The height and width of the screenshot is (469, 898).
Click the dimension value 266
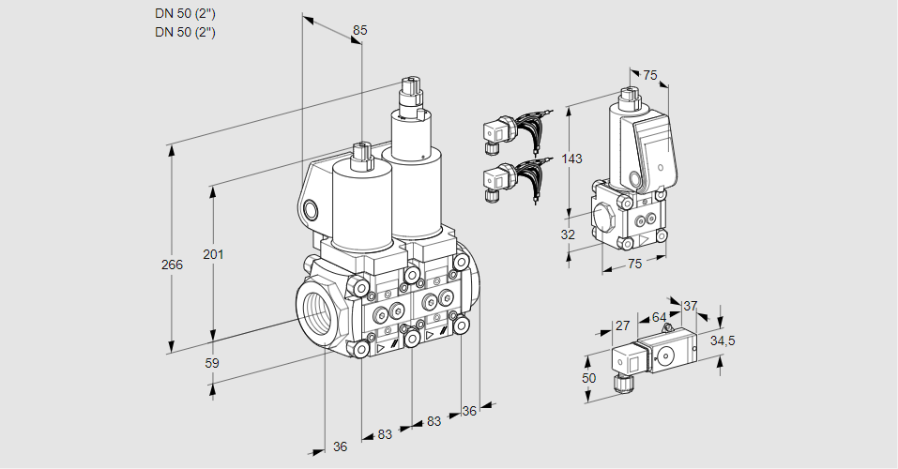tap(172, 265)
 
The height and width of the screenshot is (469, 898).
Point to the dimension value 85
tap(359, 30)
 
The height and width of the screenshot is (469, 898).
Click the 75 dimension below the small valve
tap(634, 265)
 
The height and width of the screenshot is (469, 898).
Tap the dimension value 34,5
tap(722, 340)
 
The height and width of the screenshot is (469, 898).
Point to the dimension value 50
tap(588, 377)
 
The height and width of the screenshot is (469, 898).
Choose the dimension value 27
tap(621, 326)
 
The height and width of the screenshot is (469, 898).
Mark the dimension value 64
tap(660, 318)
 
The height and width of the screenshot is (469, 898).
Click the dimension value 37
tap(690, 306)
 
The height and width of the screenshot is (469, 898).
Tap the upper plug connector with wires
tap(497, 132)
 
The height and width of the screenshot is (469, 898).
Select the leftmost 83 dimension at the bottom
tap(385, 434)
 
